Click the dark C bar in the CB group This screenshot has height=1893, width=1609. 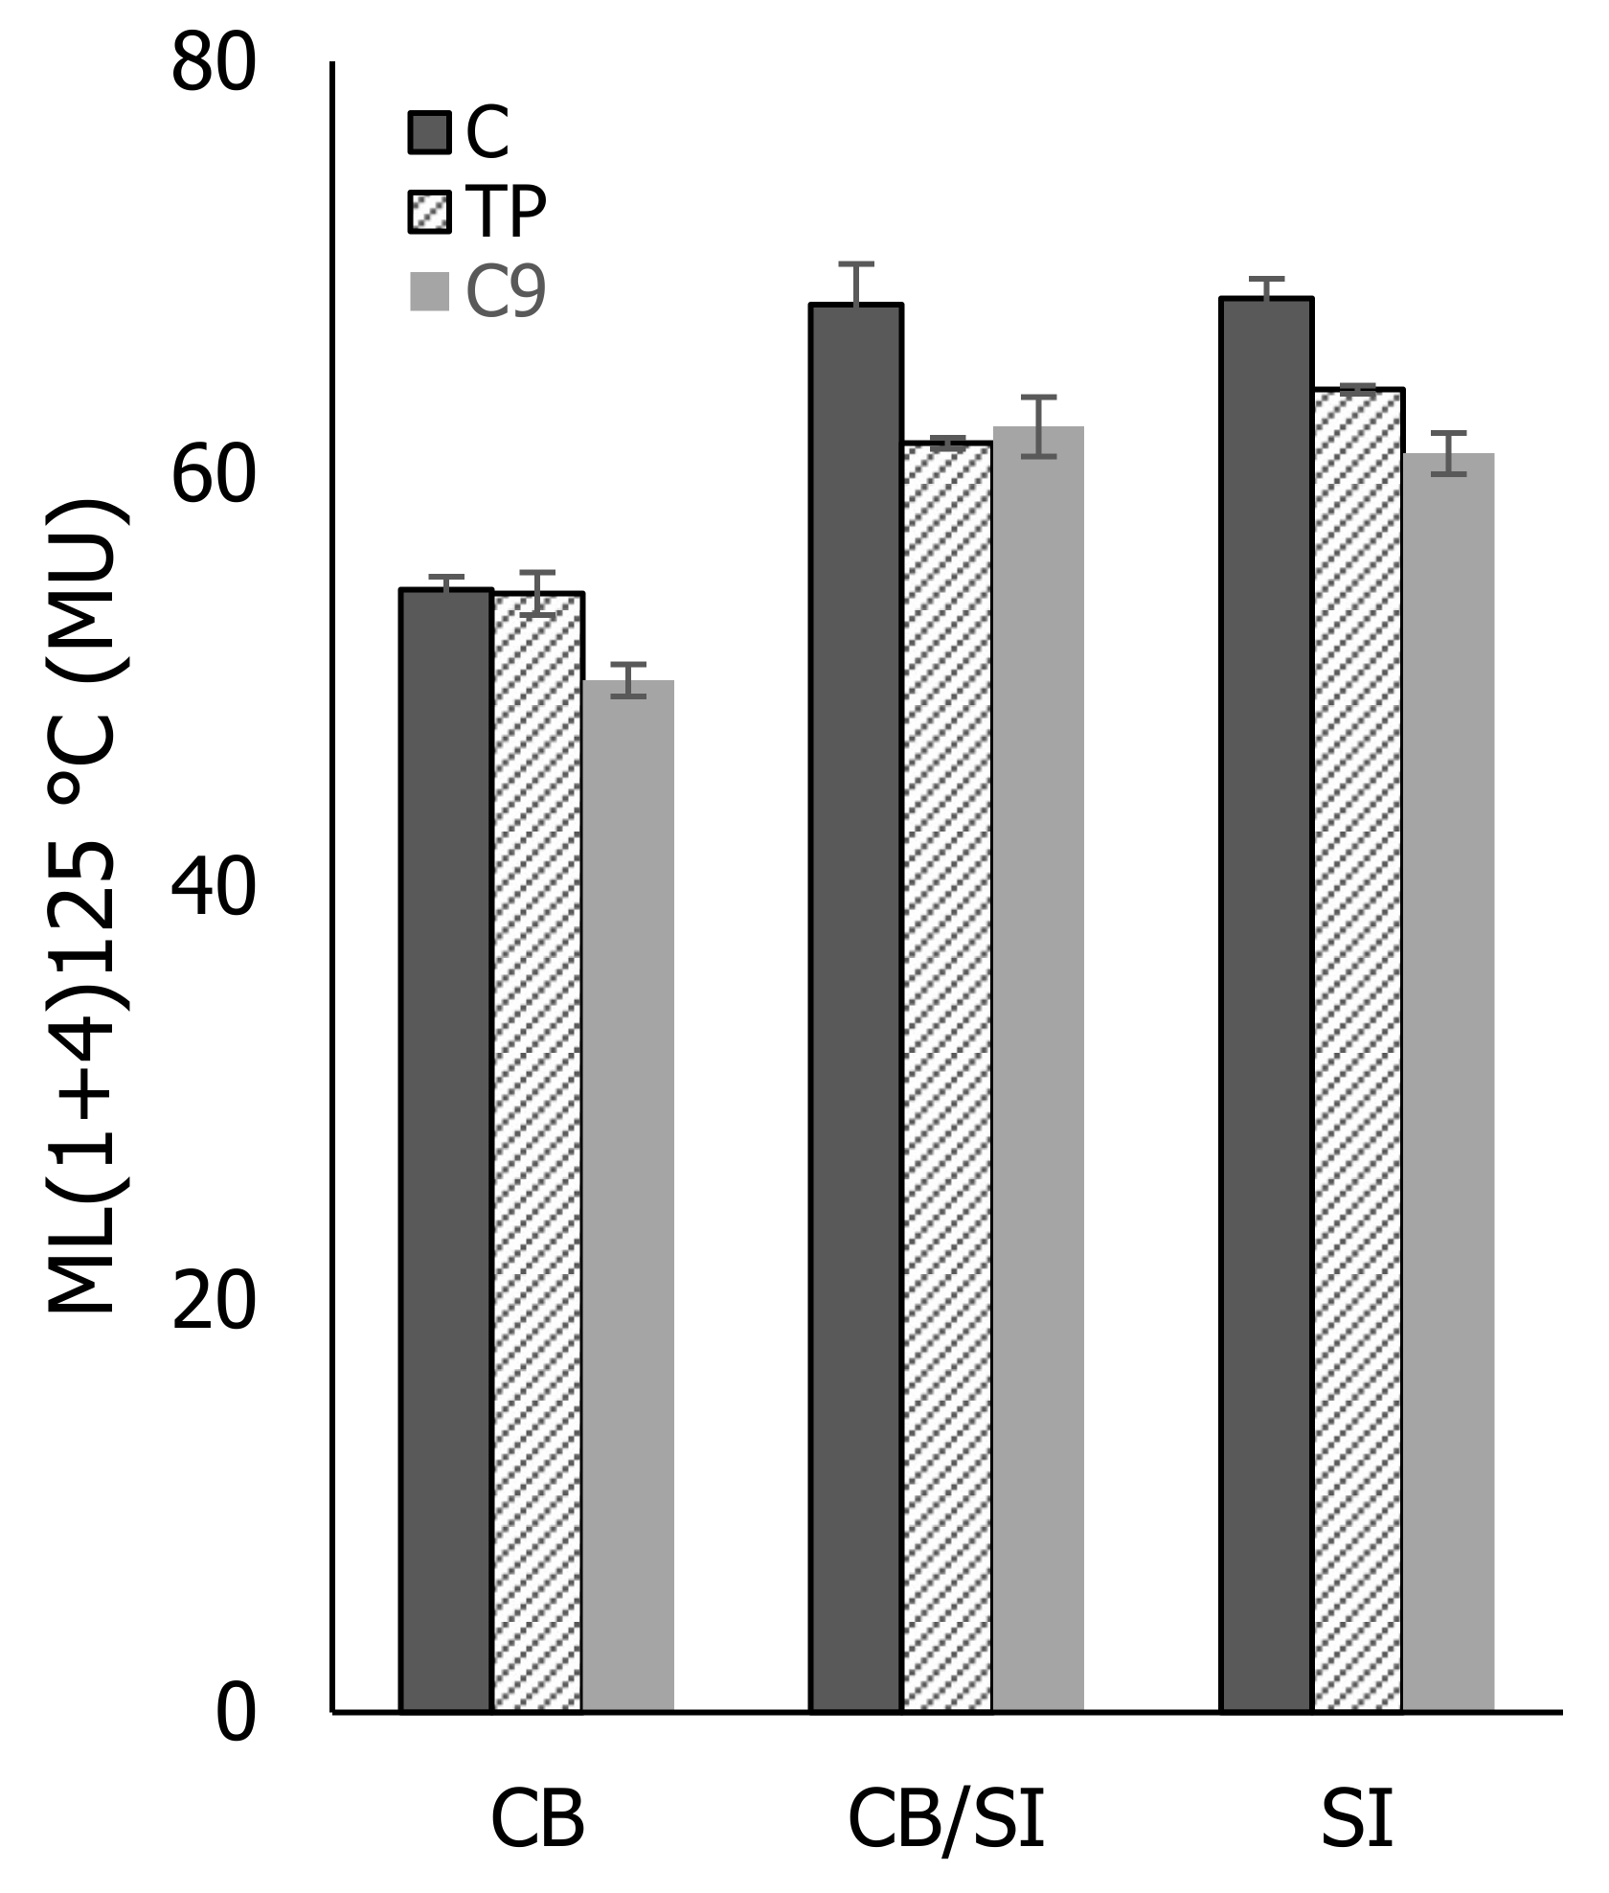coord(445,1150)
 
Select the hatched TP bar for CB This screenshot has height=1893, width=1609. coord(537,1150)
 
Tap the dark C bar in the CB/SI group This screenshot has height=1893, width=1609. coord(855,1006)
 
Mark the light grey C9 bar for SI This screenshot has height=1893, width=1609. coord(1448,1083)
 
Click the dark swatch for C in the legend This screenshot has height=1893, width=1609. coord(429,132)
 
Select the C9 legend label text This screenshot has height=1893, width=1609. coord(506,292)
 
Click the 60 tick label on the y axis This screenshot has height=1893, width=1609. coord(214,476)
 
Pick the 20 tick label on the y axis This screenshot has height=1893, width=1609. coord(214,1301)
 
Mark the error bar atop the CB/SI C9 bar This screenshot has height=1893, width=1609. coord(1038,425)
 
